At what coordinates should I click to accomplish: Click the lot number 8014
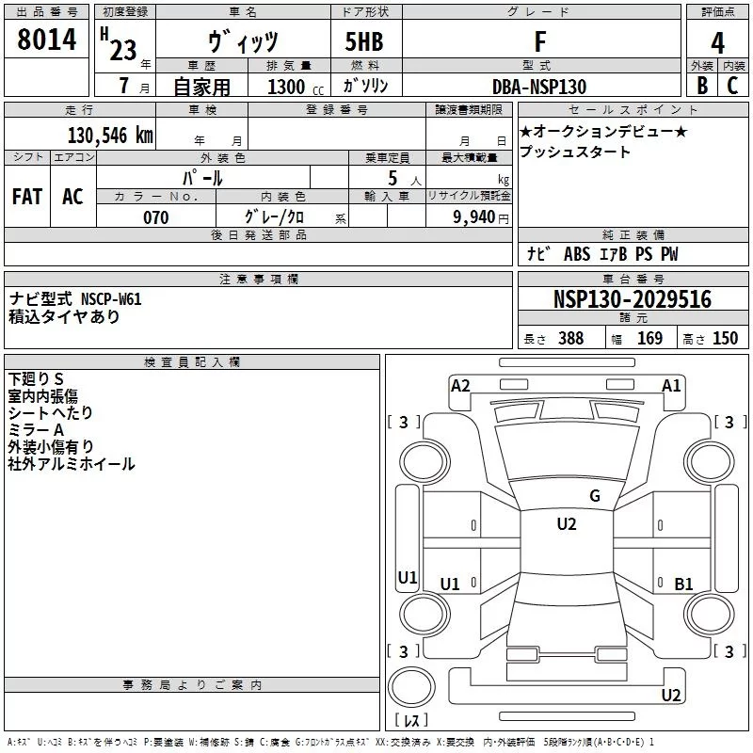[46, 39]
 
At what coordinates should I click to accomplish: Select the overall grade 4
[717, 43]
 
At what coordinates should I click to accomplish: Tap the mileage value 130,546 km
[110, 136]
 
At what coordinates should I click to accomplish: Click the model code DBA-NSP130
[539, 87]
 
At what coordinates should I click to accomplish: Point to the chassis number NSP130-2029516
[633, 299]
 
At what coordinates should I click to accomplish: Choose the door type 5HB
[364, 41]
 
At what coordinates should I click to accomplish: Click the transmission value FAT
[27, 197]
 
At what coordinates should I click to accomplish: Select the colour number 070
[156, 217]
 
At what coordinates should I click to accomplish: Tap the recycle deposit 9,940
[474, 217]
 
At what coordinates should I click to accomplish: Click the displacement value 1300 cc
[296, 87]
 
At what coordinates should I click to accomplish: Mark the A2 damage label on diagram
[460, 386]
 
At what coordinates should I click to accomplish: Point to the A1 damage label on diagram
[671, 386]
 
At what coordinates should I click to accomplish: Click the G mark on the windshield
[595, 496]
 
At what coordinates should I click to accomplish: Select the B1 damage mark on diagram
[683, 584]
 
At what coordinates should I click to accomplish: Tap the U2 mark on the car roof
[567, 524]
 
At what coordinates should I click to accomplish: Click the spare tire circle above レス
[411, 687]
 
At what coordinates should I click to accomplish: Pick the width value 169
[649, 338]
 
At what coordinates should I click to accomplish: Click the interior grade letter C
[732, 86]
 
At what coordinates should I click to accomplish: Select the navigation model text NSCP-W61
[111, 299]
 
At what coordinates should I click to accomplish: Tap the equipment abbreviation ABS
[577, 254]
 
